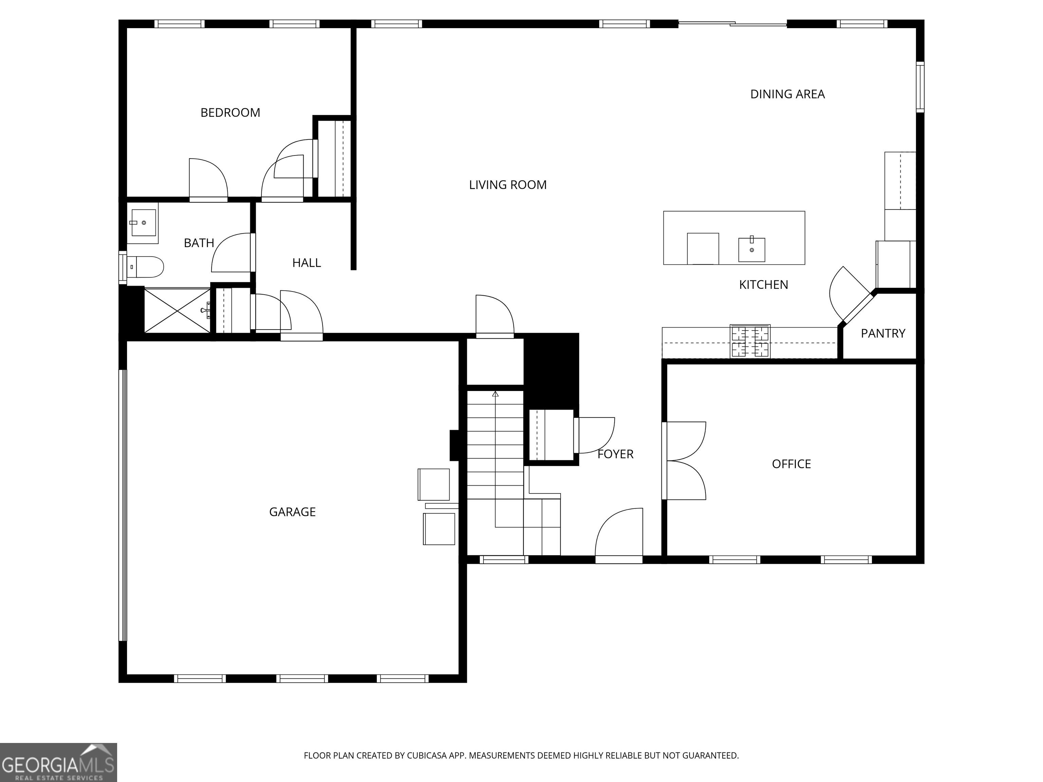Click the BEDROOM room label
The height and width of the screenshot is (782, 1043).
pos(230,113)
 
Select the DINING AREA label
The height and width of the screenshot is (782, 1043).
pos(787,94)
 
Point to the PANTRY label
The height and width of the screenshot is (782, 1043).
pos(883,334)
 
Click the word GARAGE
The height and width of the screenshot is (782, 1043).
pos(292,512)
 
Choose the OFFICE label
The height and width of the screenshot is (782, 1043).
pos(791,464)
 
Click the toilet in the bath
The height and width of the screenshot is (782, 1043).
pos(146,267)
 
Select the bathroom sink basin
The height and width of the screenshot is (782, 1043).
pos(143,223)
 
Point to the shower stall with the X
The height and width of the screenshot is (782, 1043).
pos(177,311)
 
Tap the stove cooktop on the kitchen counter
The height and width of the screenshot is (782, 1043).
pos(750,341)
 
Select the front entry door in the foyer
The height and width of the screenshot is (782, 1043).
pos(619,535)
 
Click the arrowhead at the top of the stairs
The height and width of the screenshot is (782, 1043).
pos(495,394)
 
